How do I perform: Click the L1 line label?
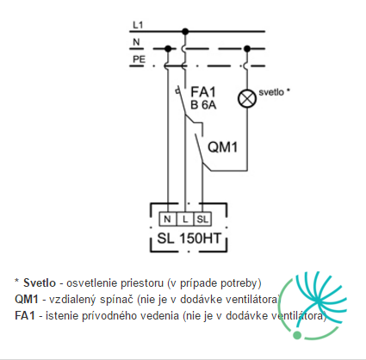[x=138, y=25]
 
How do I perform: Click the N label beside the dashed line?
[x=136, y=42]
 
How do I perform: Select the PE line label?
[x=139, y=59]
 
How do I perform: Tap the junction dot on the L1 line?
[x=185, y=31]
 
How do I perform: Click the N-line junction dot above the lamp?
[x=246, y=48]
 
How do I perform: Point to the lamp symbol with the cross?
[x=247, y=98]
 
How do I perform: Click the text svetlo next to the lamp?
[x=271, y=92]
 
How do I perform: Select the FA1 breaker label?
[x=203, y=92]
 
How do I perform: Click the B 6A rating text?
[x=203, y=105]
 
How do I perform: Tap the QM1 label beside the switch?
[x=223, y=147]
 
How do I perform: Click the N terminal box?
[x=168, y=219]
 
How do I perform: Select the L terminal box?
[x=185, y=219]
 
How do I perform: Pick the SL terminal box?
[x=202, y=219]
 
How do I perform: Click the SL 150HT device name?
[x=189, y=239]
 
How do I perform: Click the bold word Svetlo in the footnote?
[x=40, y=282]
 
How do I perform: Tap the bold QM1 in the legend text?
[x=27, y=300]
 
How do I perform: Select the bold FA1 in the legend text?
[x=25, y=316]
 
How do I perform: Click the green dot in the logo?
[x=297, y=335]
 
